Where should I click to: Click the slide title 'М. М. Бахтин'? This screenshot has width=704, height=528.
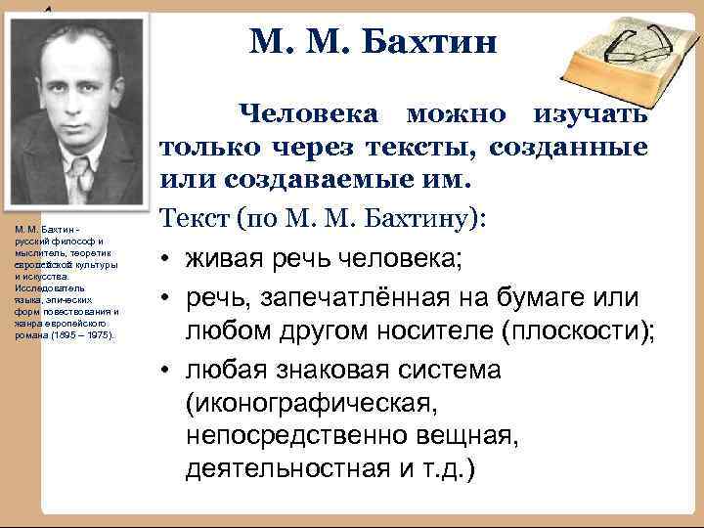(x=374, y=43)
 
